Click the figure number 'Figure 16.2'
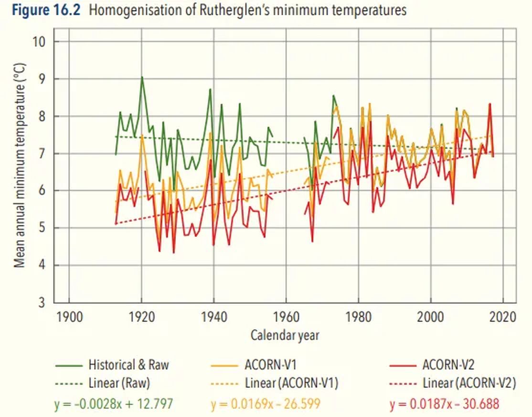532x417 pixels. [44, 10]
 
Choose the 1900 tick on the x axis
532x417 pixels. [69, 317]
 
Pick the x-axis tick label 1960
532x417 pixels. [286, 317]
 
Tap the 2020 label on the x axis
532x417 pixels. [502, 317]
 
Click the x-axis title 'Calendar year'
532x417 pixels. [285, 335]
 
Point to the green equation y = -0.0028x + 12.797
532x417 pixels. [113, 404]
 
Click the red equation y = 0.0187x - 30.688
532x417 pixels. [444, 404]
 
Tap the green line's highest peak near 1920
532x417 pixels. [142, 77]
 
